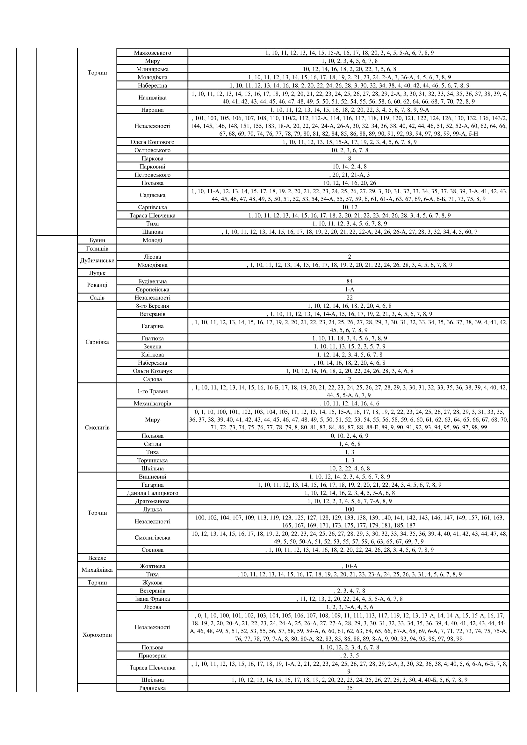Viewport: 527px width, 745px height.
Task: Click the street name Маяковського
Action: pos(152,53)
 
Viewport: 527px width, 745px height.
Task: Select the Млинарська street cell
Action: pos(152,69)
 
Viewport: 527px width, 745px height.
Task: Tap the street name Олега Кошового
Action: pos(152,142)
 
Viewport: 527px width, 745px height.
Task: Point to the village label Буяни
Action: pos(97,240)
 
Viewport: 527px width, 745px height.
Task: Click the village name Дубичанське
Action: pos(97,261)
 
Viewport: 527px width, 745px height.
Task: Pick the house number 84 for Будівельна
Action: pos(349,281)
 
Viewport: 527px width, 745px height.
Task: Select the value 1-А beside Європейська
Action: pos(349,290)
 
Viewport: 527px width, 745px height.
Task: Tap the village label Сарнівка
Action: pos(97,342)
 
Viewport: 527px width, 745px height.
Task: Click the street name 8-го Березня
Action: pos(152,306)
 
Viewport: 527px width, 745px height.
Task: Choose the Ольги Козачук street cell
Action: pos(152,371)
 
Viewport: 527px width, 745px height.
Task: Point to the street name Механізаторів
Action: pos(152,403)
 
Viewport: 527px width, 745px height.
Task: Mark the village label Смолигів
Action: pos(97,428)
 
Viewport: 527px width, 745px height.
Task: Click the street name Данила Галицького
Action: pos(152,493)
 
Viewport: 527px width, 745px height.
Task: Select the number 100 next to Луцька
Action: pos(349,509)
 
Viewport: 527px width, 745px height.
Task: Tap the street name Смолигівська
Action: pos(152,538)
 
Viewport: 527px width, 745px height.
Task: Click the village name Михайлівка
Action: pos(97,570)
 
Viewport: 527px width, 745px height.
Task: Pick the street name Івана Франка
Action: pos(152,599)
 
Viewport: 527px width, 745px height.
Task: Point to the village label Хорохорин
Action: pos(97,635)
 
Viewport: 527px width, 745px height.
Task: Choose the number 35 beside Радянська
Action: pos(349,688)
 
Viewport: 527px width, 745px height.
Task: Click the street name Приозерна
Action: pos(152,655)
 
